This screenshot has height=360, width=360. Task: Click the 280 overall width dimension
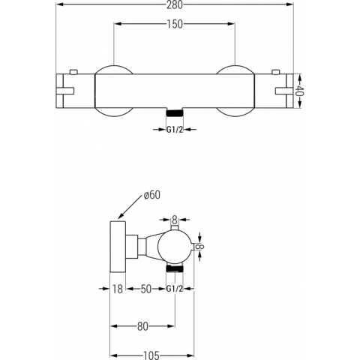(175, 4)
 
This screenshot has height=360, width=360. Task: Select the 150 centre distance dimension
(175, 24)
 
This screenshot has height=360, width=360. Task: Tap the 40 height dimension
(300, 91)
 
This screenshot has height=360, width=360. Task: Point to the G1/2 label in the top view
(175, 130)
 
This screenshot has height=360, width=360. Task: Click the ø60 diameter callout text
(152, 195)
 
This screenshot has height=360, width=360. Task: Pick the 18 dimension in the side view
(117, 289)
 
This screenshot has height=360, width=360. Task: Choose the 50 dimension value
(146, 289)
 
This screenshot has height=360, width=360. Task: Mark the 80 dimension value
(142, 326)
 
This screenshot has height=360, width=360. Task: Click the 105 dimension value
(151, 355)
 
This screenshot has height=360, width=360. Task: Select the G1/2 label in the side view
(175, 289)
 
